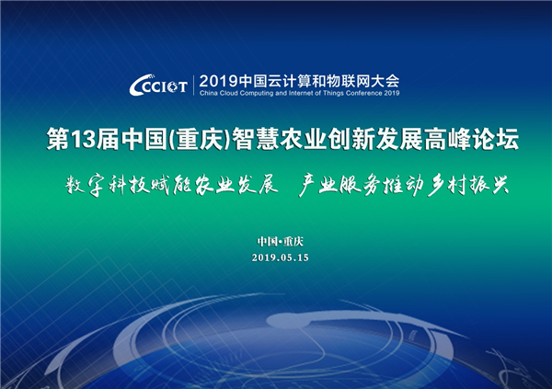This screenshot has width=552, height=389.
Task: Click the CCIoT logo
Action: [x=158, y=85]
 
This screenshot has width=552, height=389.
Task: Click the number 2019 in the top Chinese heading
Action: [x=219, y=81]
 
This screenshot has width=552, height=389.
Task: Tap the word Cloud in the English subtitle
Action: [x=229, y=93]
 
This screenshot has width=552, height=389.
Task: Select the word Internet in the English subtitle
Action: [x=300, y=93]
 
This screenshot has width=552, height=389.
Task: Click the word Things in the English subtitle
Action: [x=333, y=93]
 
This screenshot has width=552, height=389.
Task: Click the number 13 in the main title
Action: [x=83, y=139]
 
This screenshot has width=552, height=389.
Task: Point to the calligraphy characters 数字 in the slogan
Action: [x=85, y=185]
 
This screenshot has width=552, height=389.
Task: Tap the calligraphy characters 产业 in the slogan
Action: [x=318, y=185]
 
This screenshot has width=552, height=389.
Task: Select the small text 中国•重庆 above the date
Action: [x=281, y=242]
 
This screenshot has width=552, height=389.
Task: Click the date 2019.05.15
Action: [x=281, y=257]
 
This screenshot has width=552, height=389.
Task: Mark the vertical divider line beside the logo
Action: [x=193, y=85]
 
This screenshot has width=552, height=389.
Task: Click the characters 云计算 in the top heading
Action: [x=279, y=81]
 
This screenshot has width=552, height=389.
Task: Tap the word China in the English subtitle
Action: [x=209, y=93]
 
